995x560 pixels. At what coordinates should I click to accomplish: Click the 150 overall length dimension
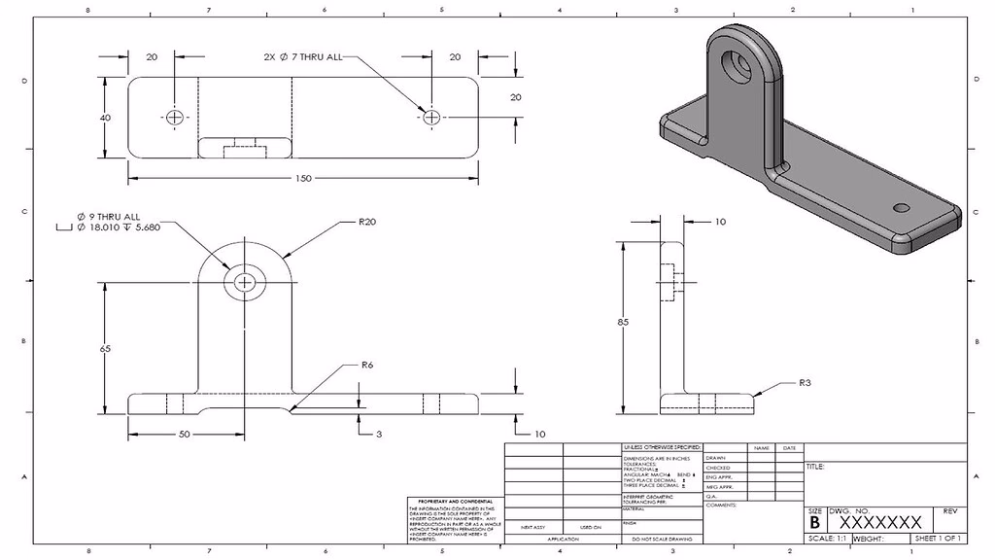coord(303,179)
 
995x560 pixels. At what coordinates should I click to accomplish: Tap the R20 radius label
coord(366,222)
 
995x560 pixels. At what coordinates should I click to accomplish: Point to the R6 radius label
coord(366,366)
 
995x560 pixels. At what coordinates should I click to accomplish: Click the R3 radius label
coord(805,383)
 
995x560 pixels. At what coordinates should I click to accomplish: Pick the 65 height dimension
coord(103,347)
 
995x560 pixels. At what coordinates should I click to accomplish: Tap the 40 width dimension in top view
coord(104,118)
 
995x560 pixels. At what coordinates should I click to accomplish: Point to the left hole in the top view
coord(175,118)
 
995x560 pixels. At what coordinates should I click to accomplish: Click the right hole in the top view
coord(431,118)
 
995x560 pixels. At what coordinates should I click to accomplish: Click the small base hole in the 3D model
coord(901,208)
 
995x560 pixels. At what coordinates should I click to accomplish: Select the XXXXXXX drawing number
coord(879,522)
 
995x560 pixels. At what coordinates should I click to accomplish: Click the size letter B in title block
coord(814,522)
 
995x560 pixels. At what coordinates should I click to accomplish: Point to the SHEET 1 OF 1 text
coord(938,539)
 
